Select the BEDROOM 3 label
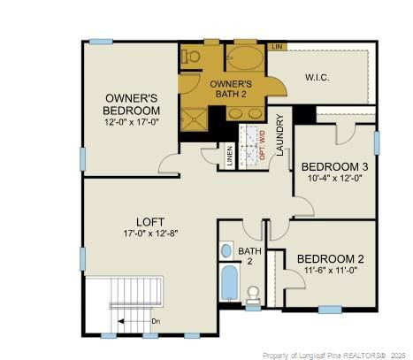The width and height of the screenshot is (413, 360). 334,166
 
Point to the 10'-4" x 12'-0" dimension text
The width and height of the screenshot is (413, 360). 334,178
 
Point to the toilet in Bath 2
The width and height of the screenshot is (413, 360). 253,294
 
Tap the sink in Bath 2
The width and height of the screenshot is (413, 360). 226,250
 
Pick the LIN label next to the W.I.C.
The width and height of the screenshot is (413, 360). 276,46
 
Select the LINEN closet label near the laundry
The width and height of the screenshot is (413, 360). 230,156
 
